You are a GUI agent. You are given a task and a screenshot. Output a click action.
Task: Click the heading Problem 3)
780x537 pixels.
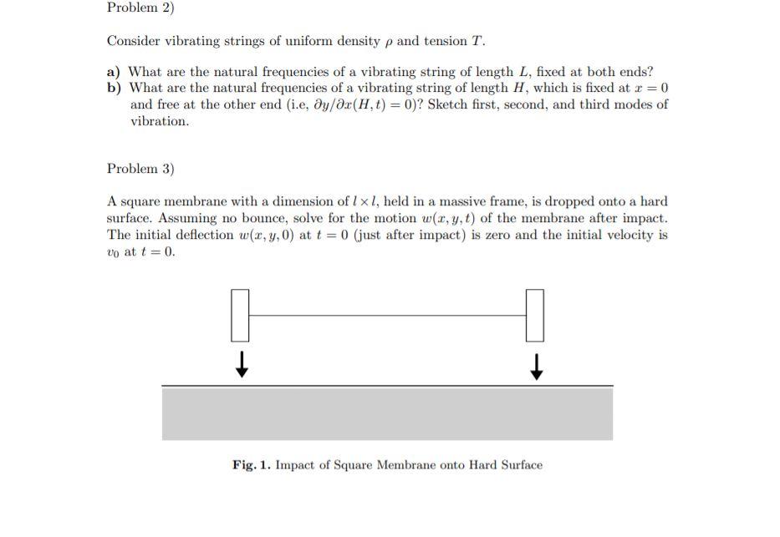140,169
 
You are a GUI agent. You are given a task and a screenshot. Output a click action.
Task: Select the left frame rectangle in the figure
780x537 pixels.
240,315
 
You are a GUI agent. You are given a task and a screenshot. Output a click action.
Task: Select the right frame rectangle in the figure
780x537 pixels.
534,315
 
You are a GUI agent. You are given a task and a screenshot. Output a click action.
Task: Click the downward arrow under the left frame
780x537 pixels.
241,364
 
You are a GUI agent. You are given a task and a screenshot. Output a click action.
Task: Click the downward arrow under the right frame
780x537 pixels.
535,364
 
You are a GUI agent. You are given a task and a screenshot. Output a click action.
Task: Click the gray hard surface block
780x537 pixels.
387,413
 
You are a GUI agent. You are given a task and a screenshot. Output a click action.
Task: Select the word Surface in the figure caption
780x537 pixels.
517,465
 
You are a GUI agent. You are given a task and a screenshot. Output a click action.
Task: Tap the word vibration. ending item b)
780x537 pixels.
160,121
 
